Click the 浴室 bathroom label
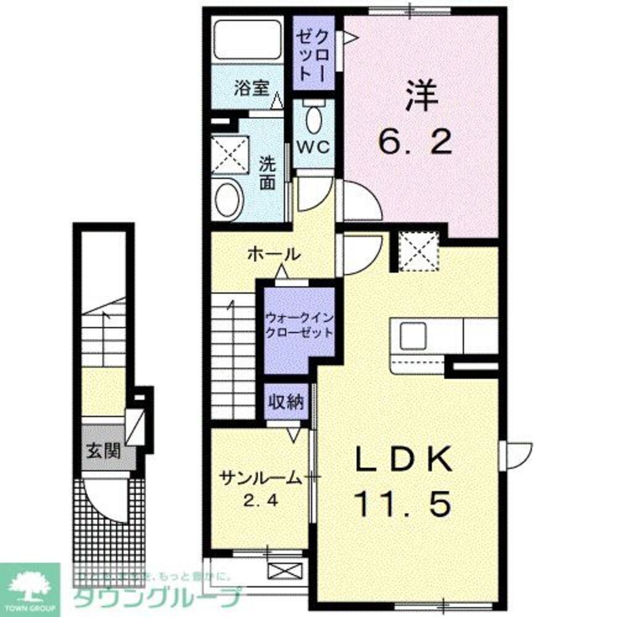(x=251, y=88)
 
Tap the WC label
(x=314, y=147)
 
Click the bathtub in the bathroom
(x=247, y=42)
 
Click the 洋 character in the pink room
(x=421, y=96)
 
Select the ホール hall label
(x=274, y=253)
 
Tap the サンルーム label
(x=259, y=478)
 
